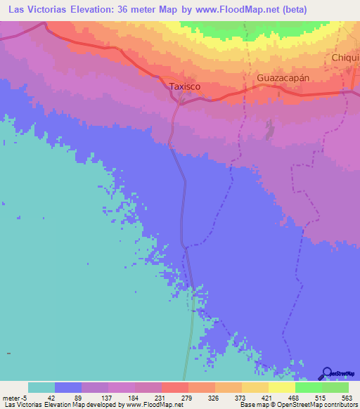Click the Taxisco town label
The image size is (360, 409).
pyautogui.click(x=186, y=86)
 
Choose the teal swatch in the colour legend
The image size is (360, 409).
pyautogui.click(x=41, y=387)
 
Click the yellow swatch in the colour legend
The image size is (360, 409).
pyautogui.click(x=281, y=387)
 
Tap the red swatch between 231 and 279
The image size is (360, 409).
pyautogui.click(x=174, y=387)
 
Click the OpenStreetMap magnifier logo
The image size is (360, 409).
pyautogui.click(x=328, y=373)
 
